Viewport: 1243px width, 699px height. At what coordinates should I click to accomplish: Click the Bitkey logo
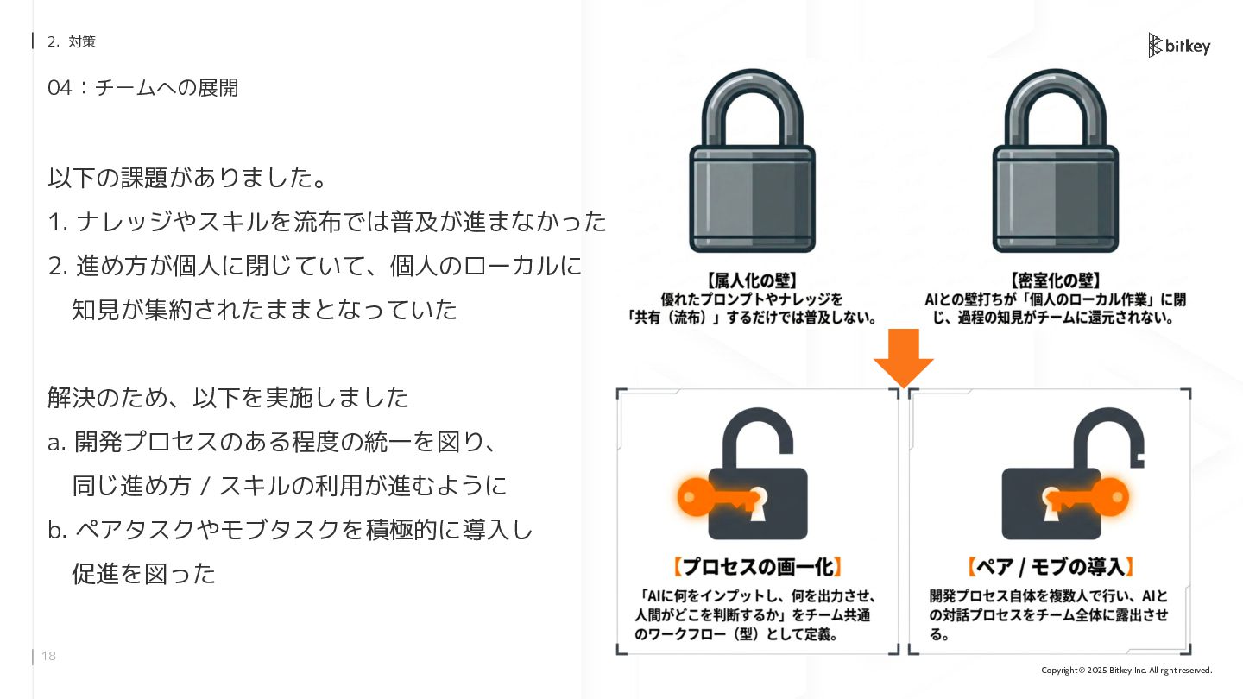click(x=1178, y=46)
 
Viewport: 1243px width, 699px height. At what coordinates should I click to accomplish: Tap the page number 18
click(x=49, y=657)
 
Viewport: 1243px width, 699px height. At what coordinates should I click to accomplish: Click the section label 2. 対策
click(x=72, y=41)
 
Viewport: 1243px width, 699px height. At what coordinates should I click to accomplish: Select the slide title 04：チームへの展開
click(x=143, y=88)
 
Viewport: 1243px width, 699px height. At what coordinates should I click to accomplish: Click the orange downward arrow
click(x=904, y=357)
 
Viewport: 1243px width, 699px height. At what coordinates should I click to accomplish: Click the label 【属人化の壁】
click(x=751, y=281)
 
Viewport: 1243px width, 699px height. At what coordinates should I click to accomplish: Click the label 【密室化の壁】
click(x=1055, y=281)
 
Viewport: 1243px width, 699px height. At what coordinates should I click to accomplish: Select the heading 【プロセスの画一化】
click(x=757, y=567)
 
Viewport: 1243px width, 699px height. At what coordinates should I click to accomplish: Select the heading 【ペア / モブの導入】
click(x=1050, y=567)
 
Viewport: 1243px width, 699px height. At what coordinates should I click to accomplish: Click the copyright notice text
click(x=1126, y=671)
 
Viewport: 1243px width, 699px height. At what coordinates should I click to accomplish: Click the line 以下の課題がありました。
click(x=188, y=179)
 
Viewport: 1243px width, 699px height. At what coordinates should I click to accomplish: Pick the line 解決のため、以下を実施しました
click(x=228, y=398)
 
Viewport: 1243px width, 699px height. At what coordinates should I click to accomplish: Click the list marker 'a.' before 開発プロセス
click(x=57, y=444)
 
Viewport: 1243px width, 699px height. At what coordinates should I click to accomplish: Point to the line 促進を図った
click(x=143, y=574)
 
